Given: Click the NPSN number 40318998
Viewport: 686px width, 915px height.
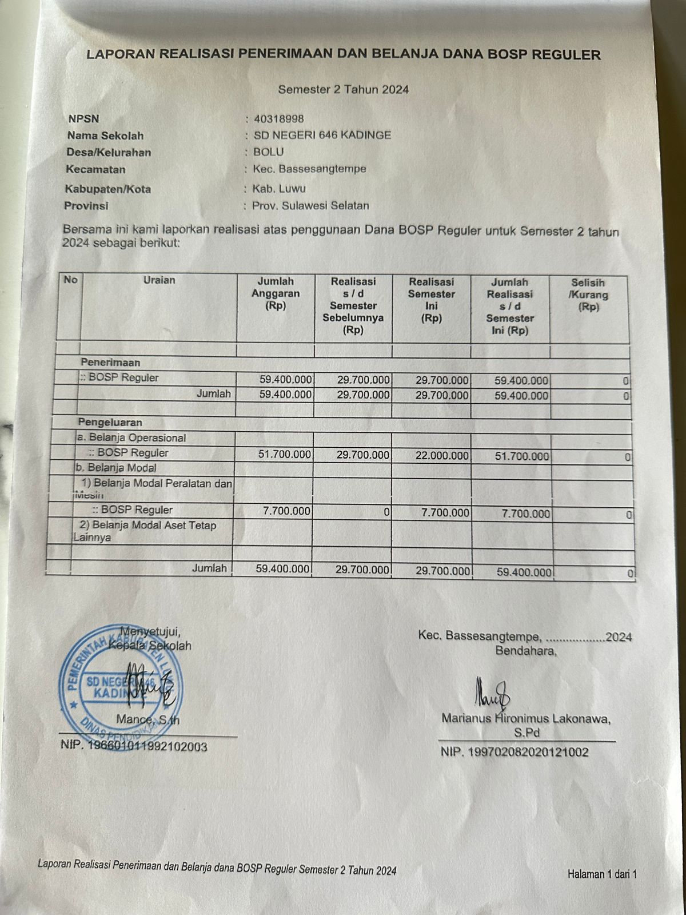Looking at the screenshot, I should point(278,119).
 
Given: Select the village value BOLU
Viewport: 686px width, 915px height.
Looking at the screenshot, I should point(268,152).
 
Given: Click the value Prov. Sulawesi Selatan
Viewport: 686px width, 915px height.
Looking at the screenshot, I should point(310,206).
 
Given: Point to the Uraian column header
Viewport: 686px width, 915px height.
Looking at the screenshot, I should point(159,280).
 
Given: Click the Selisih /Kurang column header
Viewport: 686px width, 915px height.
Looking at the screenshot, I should point(588,295).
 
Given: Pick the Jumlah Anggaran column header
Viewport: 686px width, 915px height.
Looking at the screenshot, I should point(276,293).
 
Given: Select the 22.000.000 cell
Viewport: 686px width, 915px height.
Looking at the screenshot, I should point(440,456).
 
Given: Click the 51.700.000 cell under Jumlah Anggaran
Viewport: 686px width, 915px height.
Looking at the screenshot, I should point(284,455).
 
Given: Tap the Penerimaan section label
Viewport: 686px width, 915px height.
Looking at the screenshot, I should point(110,363).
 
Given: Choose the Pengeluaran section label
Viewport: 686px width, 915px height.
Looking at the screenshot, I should point(110,423).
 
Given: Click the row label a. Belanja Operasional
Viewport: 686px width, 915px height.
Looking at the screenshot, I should point(132,438).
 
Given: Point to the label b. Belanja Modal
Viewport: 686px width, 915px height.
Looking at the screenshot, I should point(115,468).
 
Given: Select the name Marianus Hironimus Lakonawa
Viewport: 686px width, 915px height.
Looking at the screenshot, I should point(525,719).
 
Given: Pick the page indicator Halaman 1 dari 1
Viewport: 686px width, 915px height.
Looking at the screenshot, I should point(601,874).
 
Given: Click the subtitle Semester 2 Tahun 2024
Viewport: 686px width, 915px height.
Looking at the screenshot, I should point(343,89).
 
